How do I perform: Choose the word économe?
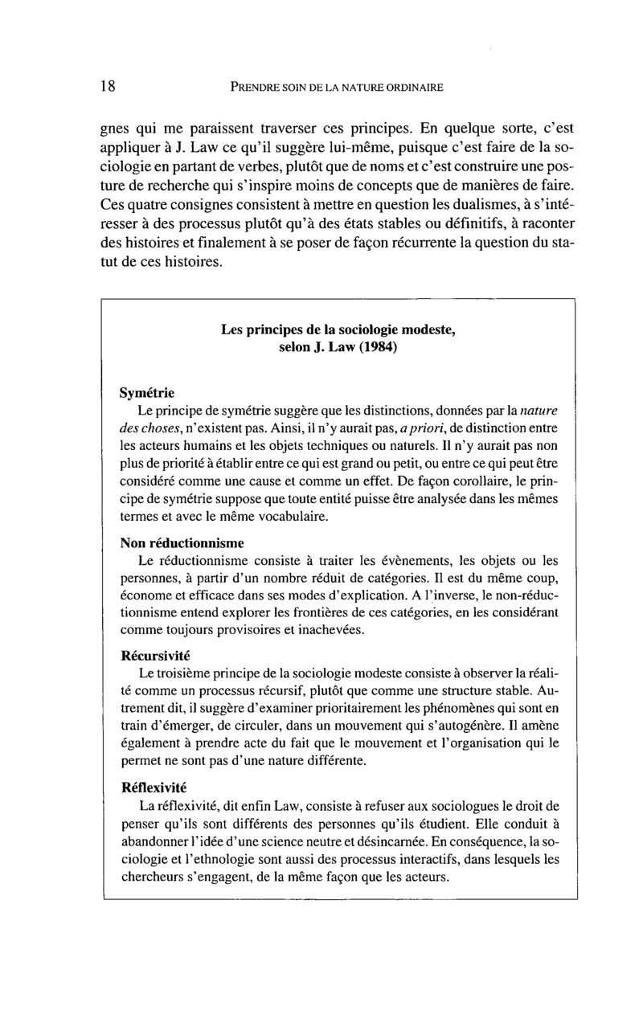(x=144, y=595)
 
